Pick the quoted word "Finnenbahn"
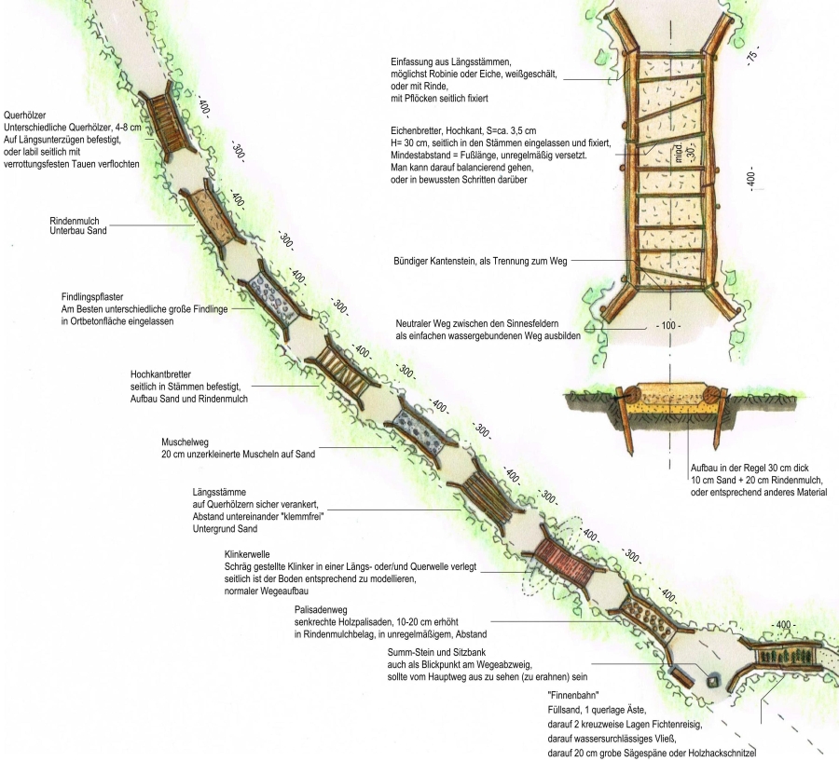point(571,696)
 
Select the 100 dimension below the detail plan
point(667,326)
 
